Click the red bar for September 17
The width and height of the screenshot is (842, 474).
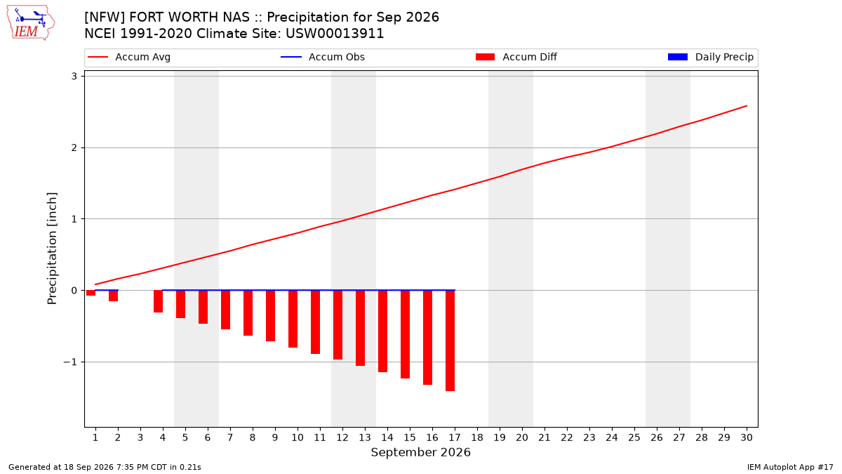[x=450, y=341]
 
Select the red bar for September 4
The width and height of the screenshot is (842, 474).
[x=159, y=301]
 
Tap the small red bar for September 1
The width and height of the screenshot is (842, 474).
[x=91, y=293]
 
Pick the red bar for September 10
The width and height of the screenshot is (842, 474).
[x=293, y=319]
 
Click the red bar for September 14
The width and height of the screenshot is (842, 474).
[x=382, y=331]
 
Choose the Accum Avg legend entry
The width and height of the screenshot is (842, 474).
[x=129, y=57]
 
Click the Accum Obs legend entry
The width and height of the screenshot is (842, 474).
[x=323, y=57]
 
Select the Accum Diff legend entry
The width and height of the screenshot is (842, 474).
[x=516, y=57]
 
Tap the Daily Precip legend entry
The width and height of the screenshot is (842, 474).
[x=710, y=57]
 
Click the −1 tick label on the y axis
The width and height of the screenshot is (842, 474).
[x=70, y=362]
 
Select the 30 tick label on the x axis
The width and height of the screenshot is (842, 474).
[x=747, y=437]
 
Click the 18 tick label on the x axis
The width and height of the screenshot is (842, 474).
[x=477, y=437]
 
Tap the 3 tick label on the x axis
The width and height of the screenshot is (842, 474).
[x=140, y=437]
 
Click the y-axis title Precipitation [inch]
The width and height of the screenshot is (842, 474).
[x=52, y=249]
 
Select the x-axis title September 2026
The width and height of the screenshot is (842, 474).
[x=420, y=452]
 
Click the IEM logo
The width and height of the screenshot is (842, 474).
[x=31, y=23]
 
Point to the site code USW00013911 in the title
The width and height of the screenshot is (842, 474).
[x=335, y=34]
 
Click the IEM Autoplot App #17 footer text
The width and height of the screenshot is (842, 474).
[x=790, y=467]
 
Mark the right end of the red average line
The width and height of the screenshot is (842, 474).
[x=747, y=106]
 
